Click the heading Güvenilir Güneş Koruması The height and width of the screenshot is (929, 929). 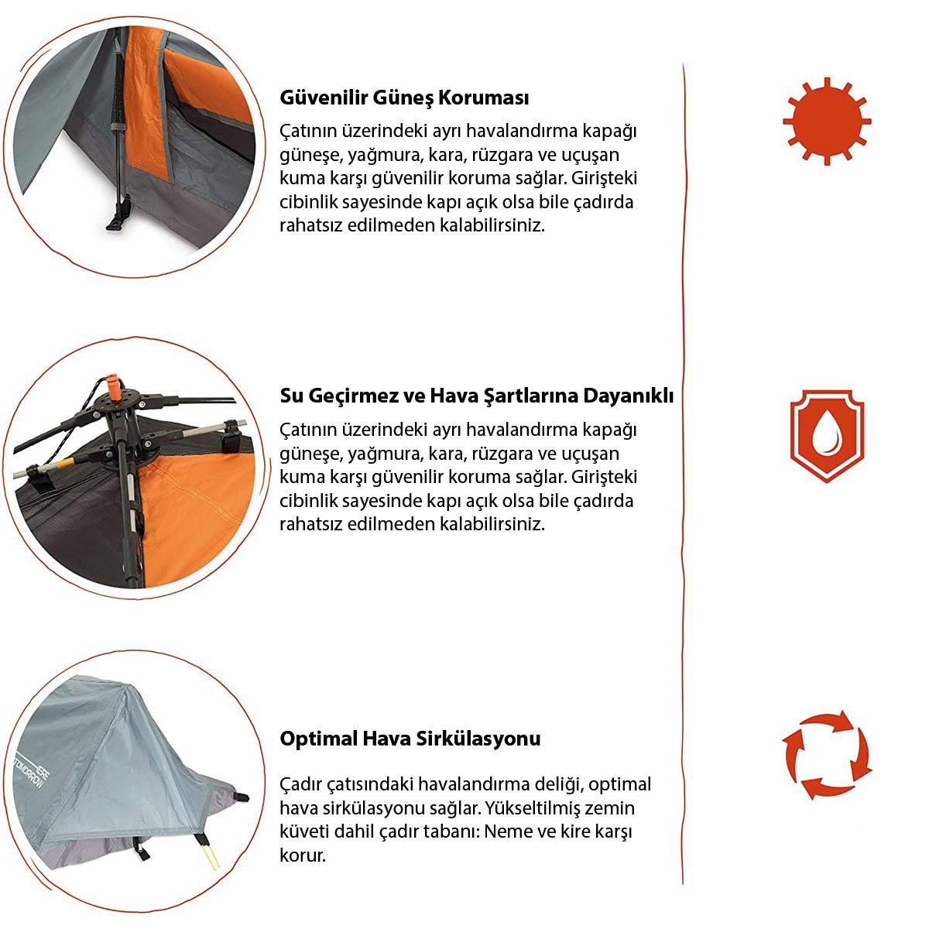click(x=404, y=98)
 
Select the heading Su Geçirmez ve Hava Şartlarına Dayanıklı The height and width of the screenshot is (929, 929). click(x=476, y=396)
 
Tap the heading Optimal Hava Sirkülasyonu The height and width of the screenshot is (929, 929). click(x=410, y=739)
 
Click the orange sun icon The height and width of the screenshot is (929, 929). click(x=827, y=121)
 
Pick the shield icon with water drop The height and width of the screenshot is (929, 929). click(x=827, y=435)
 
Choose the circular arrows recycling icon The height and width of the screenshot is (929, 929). click(x=826, y=755)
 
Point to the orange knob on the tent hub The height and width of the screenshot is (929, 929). click(x=115, y=386)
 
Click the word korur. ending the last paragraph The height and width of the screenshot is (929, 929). click(x=303, y=855)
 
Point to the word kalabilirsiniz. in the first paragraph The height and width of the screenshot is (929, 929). click(x=492, y=225)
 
